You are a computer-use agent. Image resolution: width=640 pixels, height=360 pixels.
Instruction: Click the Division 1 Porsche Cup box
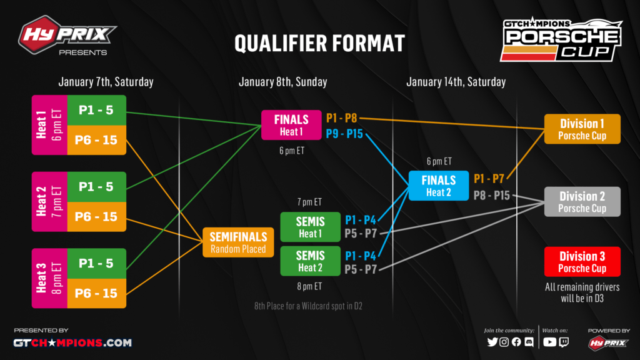pyautogui.click(x=582, y=129)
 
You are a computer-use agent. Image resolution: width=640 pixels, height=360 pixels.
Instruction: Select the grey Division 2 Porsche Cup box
pyautogui.click(x=582, y=202)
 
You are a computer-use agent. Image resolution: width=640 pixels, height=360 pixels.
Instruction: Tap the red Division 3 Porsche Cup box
pyautogui.click(x=582, y=262)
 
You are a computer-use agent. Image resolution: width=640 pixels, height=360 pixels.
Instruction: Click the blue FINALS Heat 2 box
pyautogui.click(x=438, y=186)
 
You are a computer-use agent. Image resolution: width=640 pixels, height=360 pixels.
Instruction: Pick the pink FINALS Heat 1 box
pyautogui.click(x=291, y=125)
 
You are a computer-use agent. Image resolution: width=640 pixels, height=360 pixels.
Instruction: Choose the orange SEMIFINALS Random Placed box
pyautogui.click(x=238, y=242)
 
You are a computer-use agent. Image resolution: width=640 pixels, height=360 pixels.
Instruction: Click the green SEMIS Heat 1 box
pyautogui.click(x=310, y=227)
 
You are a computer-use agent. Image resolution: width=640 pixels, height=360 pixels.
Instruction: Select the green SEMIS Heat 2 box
pyautogui.click(x=310, y=261)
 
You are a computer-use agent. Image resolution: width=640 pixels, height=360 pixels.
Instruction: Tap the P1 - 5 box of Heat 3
pyautogui.click(x=96, y=263)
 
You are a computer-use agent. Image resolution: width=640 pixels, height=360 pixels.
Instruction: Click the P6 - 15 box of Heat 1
pyautogui.click(x=96, y=140)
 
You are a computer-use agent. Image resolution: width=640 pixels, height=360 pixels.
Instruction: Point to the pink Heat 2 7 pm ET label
pyautogui.click(x=49, y=202)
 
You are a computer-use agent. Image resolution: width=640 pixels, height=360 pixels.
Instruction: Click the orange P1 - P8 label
pyautogui.click(x=342, y=118)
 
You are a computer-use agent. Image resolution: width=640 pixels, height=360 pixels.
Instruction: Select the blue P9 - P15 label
pyautogui.click(x=344, y=134)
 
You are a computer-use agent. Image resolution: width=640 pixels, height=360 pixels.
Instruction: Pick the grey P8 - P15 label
pyautogui.click(x=491, y=196)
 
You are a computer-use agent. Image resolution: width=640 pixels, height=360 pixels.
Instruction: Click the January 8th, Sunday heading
pyautogui.click(x=283, y=82)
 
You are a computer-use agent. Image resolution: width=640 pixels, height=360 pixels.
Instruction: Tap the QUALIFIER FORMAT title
pyautogui.click(x=319, y=43)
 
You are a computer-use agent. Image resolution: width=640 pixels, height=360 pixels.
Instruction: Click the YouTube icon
pyautogui.click(x=549, y=342)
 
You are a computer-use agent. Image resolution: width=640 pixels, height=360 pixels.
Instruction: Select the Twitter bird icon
pyautogui.click(x=492, y=342)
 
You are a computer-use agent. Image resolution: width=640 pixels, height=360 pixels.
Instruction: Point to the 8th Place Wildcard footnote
pyautogui.click(x=308, y=306)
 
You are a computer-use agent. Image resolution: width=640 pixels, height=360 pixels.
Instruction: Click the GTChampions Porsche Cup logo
pyautogui.click(x=561, y=39)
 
